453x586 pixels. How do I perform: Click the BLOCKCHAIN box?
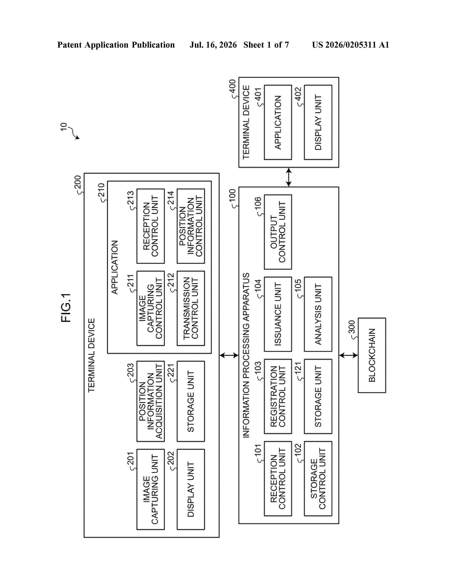(372, 355)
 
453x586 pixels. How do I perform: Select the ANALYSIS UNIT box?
(318, 314)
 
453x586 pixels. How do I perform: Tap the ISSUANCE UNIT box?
(278, 314)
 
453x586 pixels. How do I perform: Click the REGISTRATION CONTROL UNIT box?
(278, 396)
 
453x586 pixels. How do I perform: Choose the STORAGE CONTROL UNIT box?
(318, 479)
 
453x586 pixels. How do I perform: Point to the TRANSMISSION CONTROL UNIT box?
(191, 308)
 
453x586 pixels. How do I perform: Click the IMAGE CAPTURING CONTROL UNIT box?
(150, 308)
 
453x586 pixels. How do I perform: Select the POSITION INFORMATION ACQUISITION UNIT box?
(150, 401)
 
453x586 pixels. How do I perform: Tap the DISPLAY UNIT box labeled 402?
(318, 122)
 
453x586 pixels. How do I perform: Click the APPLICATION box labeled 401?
(278, 122)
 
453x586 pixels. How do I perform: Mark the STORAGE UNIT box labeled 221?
(191, 401)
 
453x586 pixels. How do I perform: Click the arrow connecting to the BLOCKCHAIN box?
(348, 356)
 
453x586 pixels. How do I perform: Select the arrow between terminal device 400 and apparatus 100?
(288, 177)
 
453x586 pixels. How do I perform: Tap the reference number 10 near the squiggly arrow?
(64, 127)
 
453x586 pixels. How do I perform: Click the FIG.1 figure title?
(66, 308)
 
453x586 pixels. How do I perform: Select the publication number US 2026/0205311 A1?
(350, 45)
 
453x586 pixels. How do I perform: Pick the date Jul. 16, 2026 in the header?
(213, 45)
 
